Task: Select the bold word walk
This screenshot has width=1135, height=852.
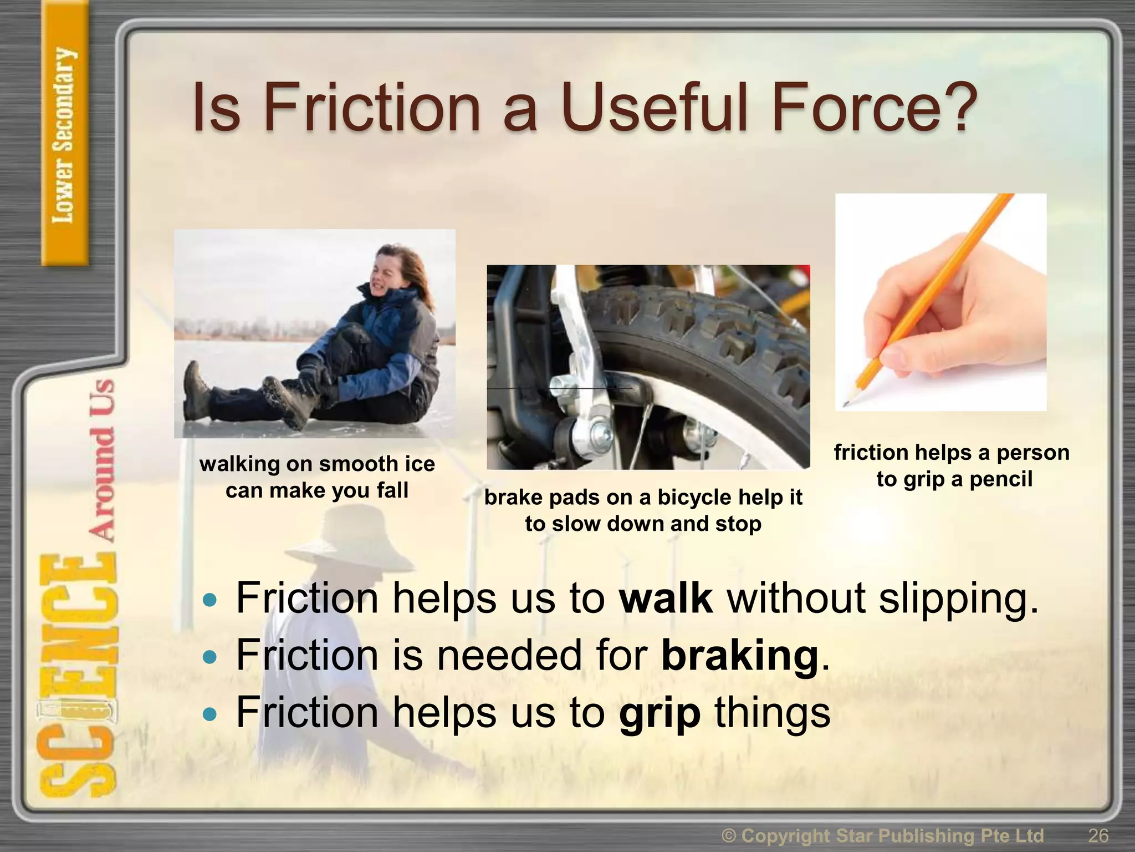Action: pyautogui.click(x=666, y=598)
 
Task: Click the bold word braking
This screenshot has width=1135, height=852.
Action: pyautogui.click(x=740, y=656)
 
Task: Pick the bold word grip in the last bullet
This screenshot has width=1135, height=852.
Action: pyautogui.click(x=659, y=713)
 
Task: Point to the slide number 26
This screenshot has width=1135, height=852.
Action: pyautogui.click(x=1098, y=835)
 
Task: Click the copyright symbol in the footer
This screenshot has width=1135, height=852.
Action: pyautogui.click(x=729, y=835)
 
